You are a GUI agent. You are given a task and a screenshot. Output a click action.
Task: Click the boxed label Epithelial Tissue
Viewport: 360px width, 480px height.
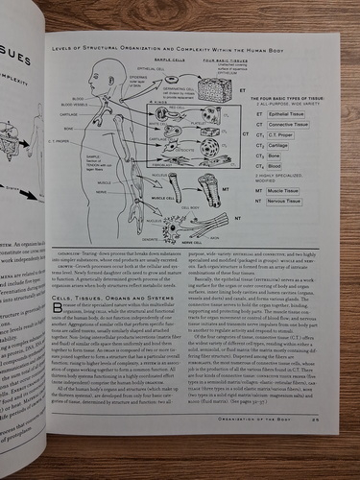287,113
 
